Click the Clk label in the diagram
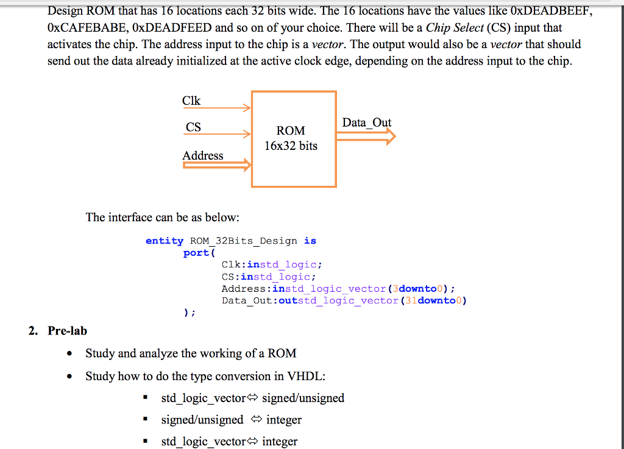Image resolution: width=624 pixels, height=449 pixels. click(191, 101)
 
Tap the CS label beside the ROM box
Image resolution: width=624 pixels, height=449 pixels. click(193, 127)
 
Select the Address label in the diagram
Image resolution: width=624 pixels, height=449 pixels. click(203, 155)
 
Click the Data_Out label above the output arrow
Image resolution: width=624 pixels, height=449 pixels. click(367, 122)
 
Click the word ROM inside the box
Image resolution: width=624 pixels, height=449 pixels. click(291, 130)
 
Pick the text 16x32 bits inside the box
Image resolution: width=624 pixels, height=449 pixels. click(291, 146)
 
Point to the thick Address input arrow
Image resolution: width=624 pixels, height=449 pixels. click(217, 164)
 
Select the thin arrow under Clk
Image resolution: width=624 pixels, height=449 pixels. click(217, 109)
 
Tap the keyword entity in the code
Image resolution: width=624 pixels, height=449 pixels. click(165, 241)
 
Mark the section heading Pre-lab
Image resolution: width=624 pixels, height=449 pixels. click(67, 331)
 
